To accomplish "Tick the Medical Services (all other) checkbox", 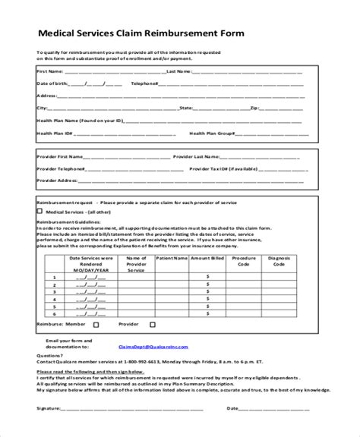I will (40, 212).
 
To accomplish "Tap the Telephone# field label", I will (145, 83).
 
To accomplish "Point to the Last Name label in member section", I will (178, 71).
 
